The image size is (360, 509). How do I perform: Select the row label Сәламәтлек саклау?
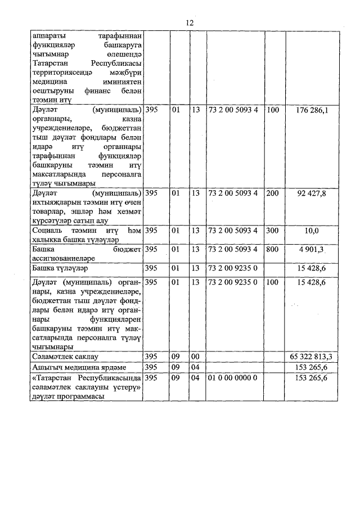(x=65, y=357)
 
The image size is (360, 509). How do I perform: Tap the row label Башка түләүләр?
(x=58, y=268)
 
